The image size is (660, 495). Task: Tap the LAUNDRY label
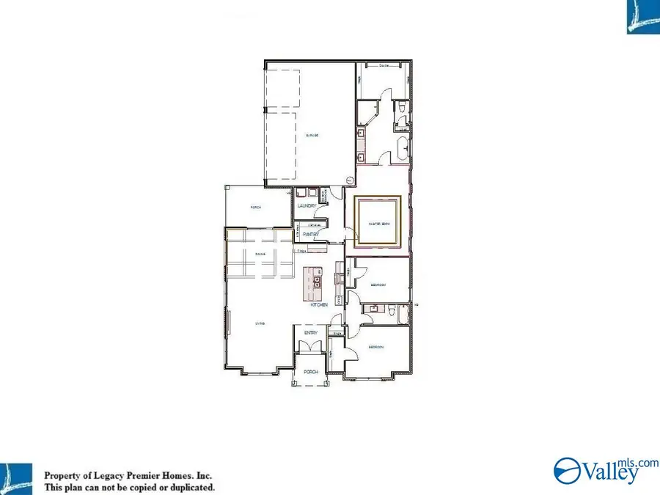307,206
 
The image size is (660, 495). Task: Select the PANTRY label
310,234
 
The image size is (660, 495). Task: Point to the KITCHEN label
318,304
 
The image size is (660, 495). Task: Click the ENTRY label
311,333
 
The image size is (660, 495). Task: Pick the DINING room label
260,254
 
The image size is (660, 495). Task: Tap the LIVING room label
260,323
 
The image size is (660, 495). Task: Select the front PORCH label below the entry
311,372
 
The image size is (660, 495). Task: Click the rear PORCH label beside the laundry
256,208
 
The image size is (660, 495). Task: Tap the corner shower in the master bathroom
367,113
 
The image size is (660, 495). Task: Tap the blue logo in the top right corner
643,16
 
